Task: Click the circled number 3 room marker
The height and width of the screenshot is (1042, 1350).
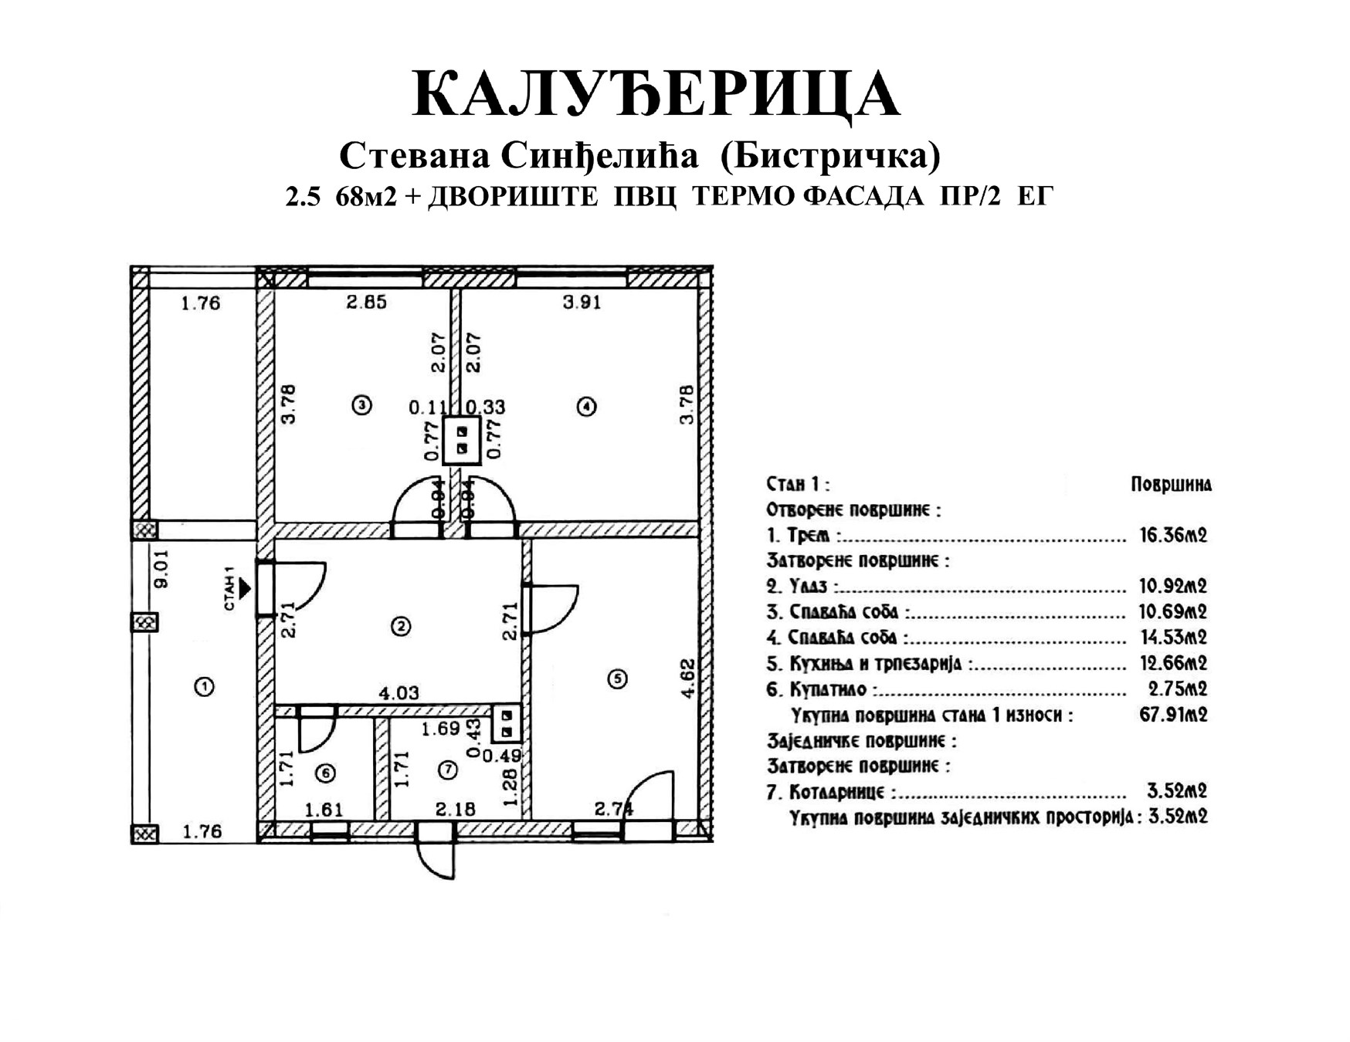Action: [361, 404]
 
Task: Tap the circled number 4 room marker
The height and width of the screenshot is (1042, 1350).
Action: [587, 406]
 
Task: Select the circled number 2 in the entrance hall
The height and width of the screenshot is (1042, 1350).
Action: [401, 626]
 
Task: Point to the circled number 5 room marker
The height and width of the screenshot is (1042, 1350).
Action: [617, 679]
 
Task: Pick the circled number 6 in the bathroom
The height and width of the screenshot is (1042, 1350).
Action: [326, 773]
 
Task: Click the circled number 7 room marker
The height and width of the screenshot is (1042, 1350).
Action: [447, 769]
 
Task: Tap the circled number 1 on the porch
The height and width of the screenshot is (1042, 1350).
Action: [204, 686]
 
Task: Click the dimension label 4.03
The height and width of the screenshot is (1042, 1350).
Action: [399, 693]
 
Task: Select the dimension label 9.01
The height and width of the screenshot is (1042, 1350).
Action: [161, 570]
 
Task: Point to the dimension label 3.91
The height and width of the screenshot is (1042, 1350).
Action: [582, 303]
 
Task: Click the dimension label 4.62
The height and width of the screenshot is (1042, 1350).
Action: [687, 679]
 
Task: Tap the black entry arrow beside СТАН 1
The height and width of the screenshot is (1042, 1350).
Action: [245, 589]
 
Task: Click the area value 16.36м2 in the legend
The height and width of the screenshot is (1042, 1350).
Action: [1173, 535]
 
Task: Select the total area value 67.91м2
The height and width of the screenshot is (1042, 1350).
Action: [1173, 714]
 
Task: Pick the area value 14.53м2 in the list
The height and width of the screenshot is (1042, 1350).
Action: [1173, 638]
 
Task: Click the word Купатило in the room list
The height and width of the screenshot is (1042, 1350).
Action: [828, 689]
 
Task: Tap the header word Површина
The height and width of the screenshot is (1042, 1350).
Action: [1171, 485]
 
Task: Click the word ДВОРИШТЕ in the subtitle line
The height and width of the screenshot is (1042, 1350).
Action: [513, 197]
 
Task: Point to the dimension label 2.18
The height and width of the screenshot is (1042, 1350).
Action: [456, 810]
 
